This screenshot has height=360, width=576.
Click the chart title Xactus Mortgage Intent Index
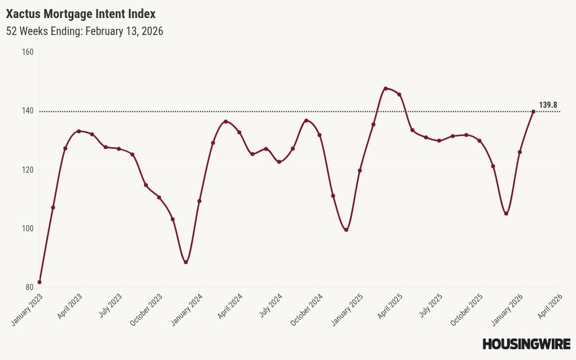pyautogui.click(x=81, y=14)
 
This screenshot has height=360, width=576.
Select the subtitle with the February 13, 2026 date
pyautogui.click(x=85, y=31)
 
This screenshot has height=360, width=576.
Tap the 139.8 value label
pyautogui.click(x=548, y=105)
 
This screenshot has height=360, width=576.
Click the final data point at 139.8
pyautogui.click(x=533, y=111)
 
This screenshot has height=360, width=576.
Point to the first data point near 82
pyautogui.click(x=40, y=282)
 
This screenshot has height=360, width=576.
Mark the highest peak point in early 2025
pyautogui.click(x=385, y=89)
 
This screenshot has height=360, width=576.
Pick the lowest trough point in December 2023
pyautogui.click(x=186, y=262)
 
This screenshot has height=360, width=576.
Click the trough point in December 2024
pyautogui.click(x=346, y=230)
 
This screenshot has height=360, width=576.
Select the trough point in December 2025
pyautogui.click(x=506, y=213)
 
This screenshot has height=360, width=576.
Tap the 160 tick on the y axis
pyautogui.click(x=28, y=52)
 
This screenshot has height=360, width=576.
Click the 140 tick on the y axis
pyautogui.click(x=28, y=111)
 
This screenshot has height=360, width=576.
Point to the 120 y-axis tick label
pyautogui.click(x=28, y=170)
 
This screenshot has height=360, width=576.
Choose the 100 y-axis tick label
pyautogui.click(x=28, y=229)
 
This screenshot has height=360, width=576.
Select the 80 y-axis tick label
pyautogui.click(x=29, y=287)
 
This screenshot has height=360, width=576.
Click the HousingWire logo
pyautogui.click(x=526, y=344)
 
